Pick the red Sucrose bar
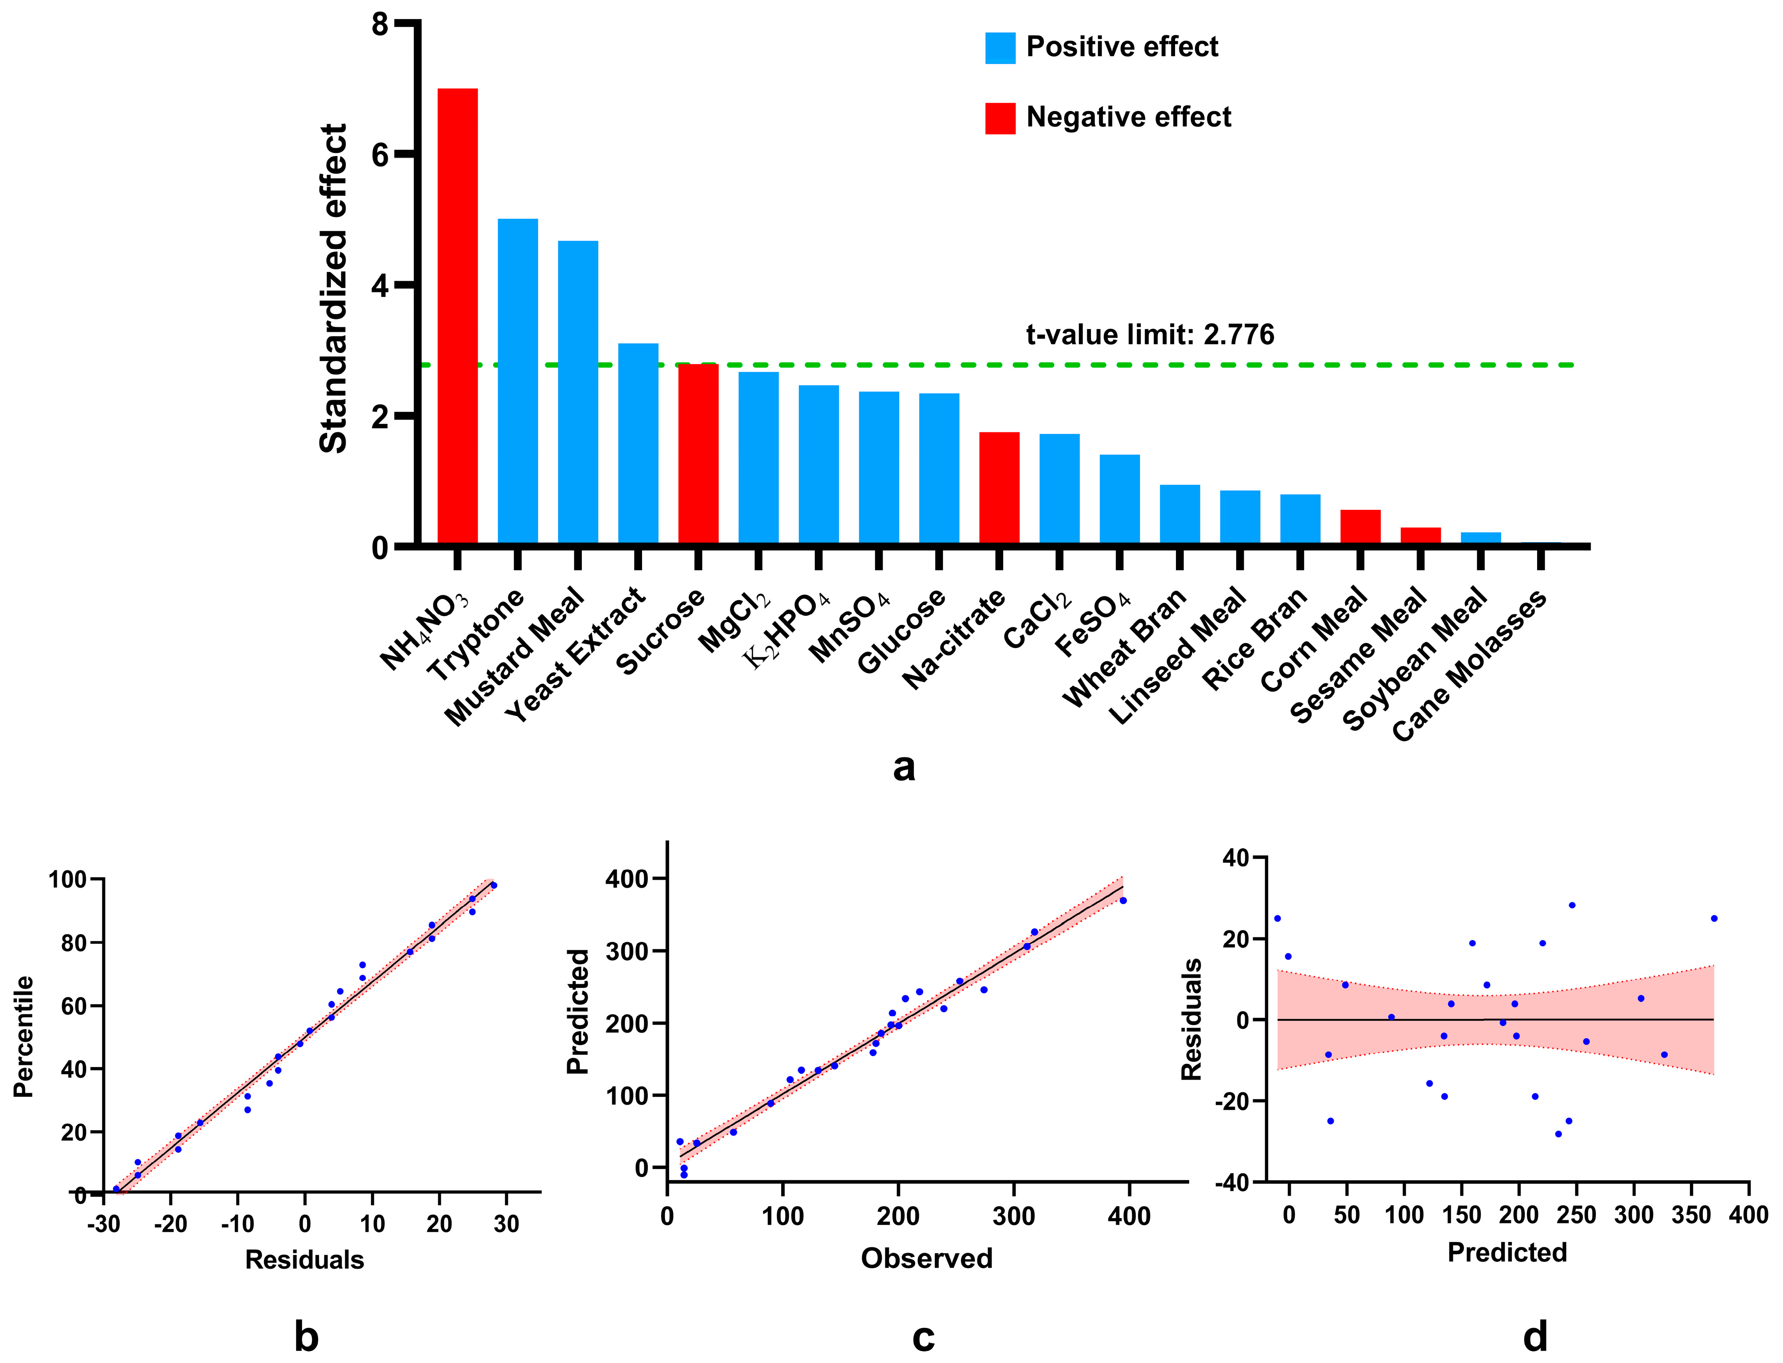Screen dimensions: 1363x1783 point(698,454)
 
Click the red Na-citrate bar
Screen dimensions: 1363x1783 point(999,489)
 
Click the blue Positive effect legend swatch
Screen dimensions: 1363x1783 point(1000,48)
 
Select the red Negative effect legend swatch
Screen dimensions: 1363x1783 point(1000,118)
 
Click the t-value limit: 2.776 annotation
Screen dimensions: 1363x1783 point(1150,334)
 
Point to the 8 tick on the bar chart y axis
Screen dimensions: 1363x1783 point(380,25)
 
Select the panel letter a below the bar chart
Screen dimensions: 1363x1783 point(903,767)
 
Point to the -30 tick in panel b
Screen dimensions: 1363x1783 point(103,1223)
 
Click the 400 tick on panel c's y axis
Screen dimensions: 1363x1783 point(627,879)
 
